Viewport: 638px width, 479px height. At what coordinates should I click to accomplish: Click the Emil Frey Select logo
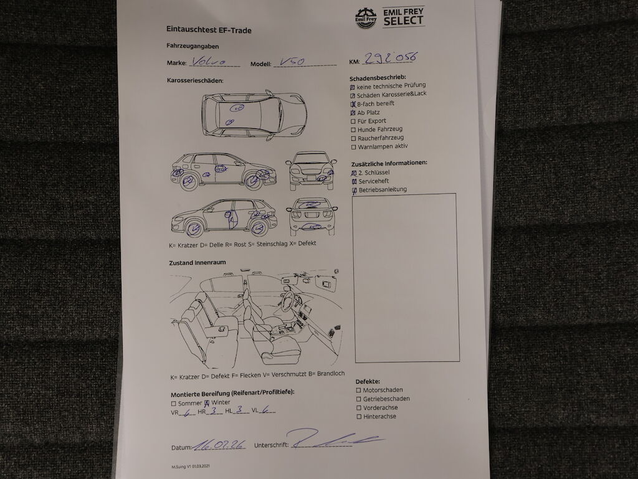click(390, 17)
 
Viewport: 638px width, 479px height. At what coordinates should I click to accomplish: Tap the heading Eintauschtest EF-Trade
click(209, 30)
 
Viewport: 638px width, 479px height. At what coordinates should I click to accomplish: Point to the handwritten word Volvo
click(209, 61)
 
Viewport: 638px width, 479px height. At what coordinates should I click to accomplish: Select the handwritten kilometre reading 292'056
click(390, 58)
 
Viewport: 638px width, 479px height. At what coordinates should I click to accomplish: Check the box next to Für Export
click(353, 121)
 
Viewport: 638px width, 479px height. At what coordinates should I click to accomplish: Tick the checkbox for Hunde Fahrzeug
click(354, 130)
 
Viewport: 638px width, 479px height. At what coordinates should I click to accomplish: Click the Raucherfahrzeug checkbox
click(354, 139)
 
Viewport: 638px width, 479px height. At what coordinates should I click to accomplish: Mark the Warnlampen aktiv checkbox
click(354, 147)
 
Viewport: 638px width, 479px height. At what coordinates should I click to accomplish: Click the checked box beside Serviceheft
click(355, 181)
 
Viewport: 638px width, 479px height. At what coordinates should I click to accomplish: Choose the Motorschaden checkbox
click(358, 391)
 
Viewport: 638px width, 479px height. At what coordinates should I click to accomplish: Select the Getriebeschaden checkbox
click(358, 399)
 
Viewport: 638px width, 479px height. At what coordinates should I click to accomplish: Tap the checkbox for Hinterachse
click(359, 417)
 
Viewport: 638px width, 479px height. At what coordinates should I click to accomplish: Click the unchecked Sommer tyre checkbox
click(173, 404)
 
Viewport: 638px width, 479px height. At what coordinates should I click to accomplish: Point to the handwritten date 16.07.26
click(220, 445)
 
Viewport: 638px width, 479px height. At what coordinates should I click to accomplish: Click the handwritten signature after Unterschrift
click(336, 439)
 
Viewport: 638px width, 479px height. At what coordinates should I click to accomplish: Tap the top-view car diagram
click(254, 115)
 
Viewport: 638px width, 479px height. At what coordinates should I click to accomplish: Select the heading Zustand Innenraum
click(198, 263)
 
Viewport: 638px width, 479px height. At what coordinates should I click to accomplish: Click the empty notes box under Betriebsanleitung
click(406, 278)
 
